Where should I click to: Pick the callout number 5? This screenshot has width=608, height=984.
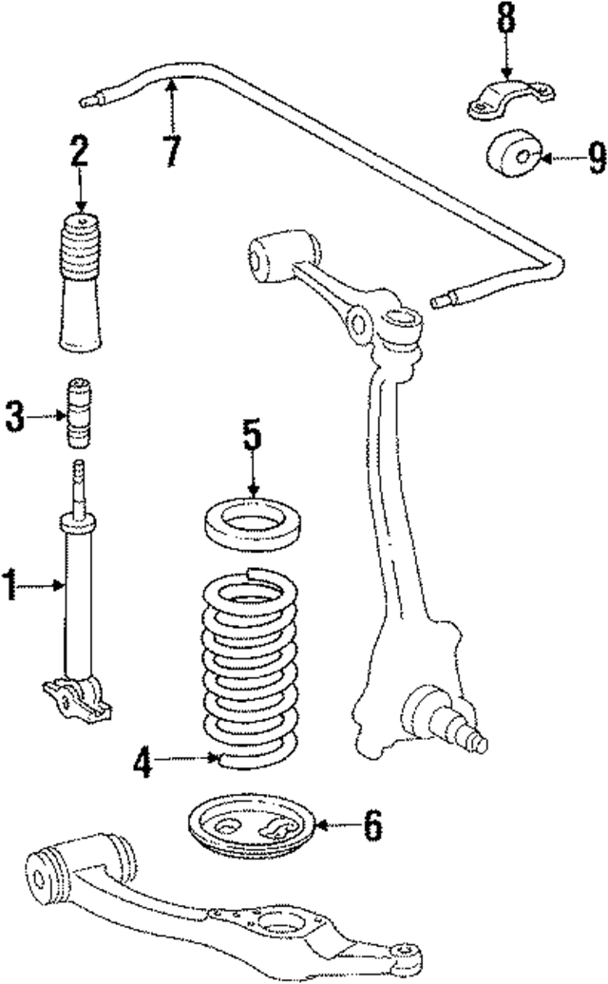click(251, 438)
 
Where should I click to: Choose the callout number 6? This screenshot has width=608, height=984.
click(372, 824)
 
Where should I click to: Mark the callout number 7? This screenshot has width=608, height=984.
click(172, 149)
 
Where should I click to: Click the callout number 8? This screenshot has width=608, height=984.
click(504, 19)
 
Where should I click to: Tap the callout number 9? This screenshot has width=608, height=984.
click(596, 158)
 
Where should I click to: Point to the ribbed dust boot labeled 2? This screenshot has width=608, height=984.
click(81, 285)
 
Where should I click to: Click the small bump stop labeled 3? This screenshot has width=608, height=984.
click(80, 416)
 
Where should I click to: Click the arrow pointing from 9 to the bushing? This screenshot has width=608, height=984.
click(558, 158)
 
